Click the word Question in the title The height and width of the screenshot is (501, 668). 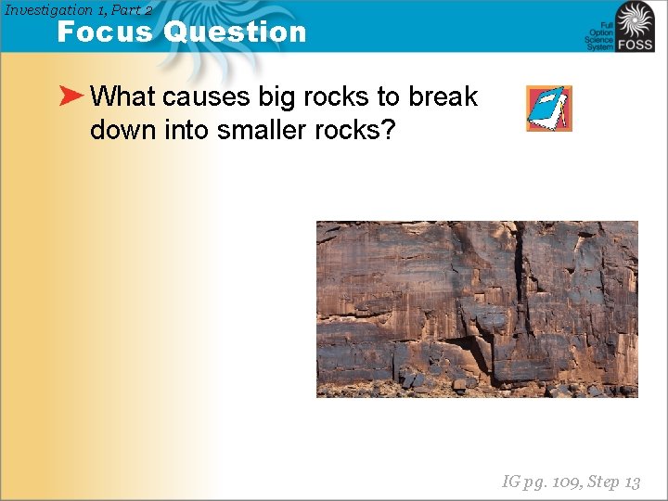point(235,32)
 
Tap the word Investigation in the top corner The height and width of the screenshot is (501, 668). point(49,9)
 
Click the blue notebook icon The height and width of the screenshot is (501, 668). point(548,108)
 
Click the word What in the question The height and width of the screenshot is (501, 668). point(123,96)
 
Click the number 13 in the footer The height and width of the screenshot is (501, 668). point(632,482)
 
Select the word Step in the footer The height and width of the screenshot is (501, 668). point(604,482)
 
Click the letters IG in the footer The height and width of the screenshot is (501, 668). point(510,482)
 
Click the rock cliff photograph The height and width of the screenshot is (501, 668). point(477,308)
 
